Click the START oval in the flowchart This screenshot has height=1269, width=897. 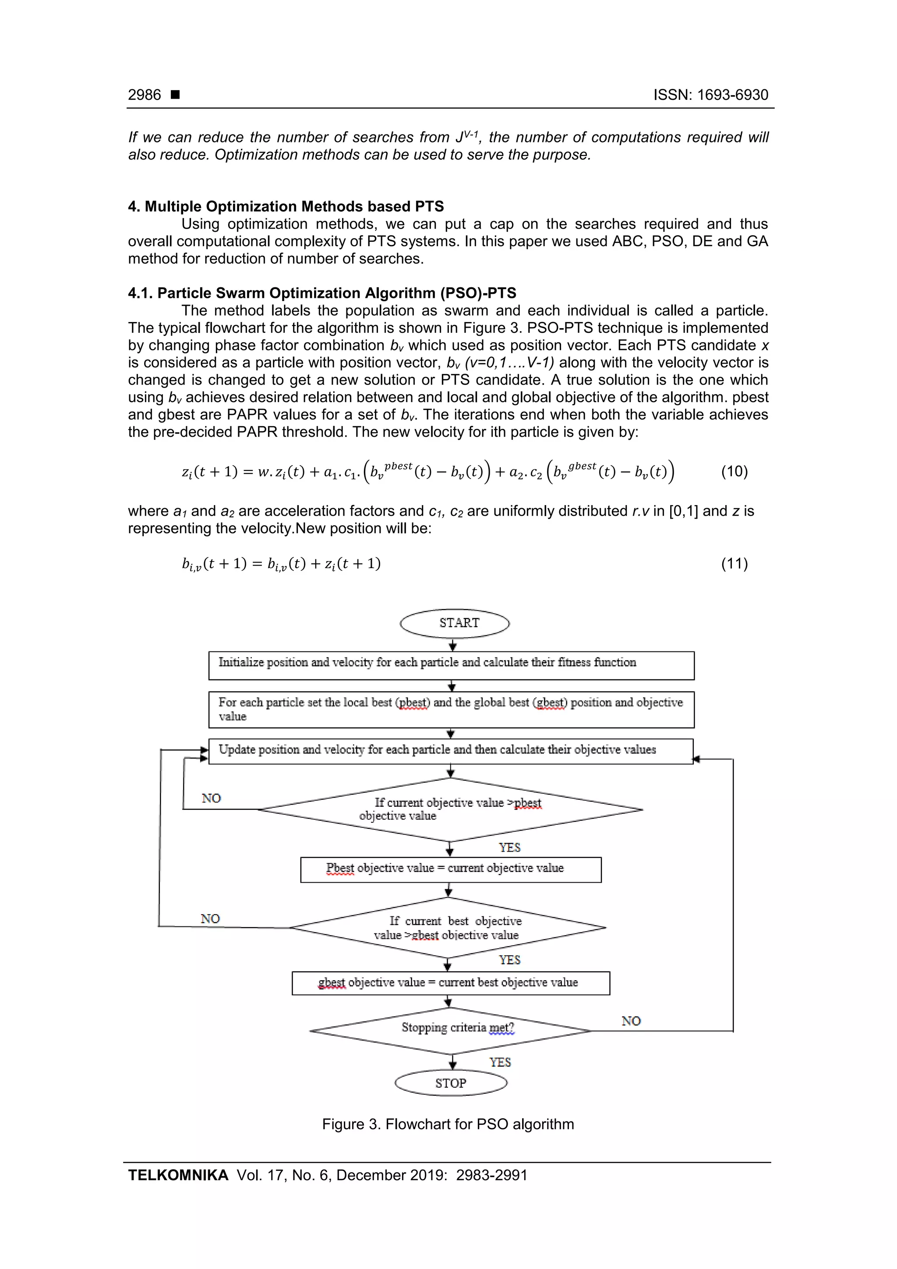[x=454, y=623]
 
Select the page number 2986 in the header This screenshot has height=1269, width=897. [x=144, y=95]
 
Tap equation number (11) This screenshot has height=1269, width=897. [x=734, y=563]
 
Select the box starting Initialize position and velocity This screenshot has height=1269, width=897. [x=451, y=665]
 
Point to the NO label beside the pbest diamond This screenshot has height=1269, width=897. [x=211, y=799]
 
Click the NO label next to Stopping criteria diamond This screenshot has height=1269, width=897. [x=631, y=1021]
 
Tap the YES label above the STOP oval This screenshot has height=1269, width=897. [x=500, y=1062]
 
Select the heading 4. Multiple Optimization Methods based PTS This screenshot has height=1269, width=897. [x=286, y=207]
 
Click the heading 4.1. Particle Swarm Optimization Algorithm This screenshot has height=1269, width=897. [x=322, y=293]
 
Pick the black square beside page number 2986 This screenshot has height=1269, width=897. [x=175, y=95]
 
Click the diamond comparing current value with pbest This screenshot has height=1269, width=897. [x=450, y=809]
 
